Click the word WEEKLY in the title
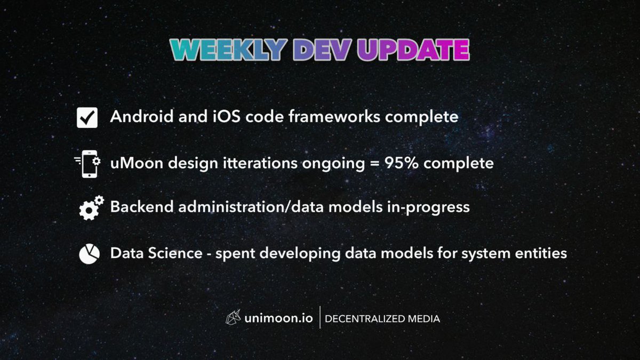228,50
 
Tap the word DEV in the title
323,50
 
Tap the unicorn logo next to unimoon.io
233,318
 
